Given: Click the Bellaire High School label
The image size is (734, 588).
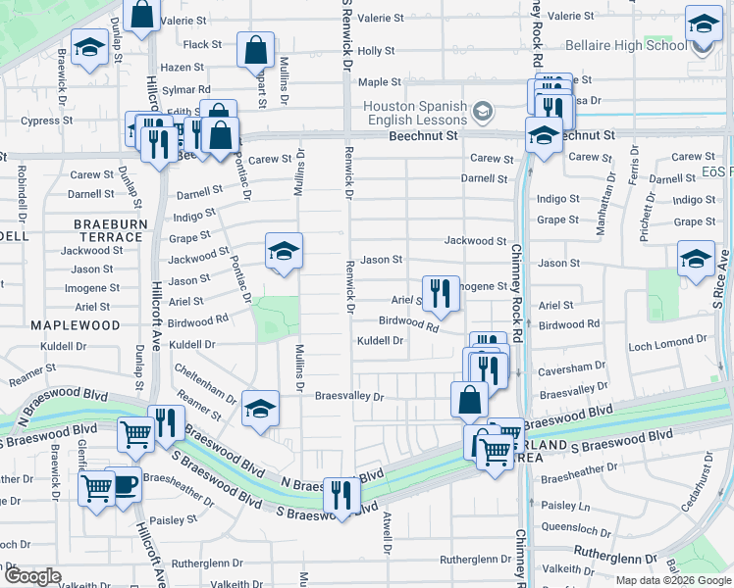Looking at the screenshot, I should click(x=626, y=46).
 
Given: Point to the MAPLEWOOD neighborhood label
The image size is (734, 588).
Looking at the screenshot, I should click(x=75, y=324).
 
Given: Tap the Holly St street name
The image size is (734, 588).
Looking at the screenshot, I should click(x=376, y=50).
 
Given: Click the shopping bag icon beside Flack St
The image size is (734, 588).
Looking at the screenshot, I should click(x=255, y=49).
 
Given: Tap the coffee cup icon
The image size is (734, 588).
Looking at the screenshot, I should click(x=124, y=485).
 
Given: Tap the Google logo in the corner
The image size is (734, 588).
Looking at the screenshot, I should click(x=32, y=576).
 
